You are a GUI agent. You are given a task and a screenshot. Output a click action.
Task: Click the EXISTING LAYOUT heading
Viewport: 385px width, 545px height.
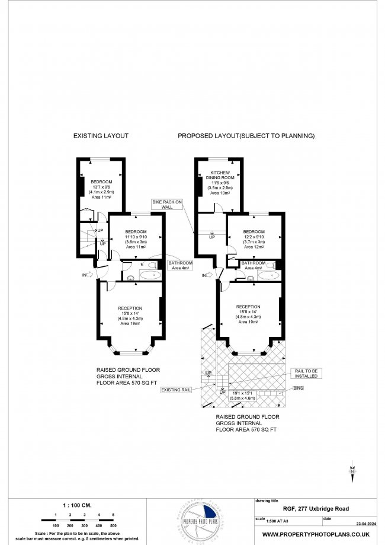click(x=101, y=136)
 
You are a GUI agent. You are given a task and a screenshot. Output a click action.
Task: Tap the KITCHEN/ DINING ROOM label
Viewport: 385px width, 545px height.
click(x=220, y=175)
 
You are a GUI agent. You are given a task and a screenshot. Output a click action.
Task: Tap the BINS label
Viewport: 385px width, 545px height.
click(x=301, y=388)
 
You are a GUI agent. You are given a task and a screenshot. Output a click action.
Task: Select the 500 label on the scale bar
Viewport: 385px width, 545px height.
click(x=113, y=526)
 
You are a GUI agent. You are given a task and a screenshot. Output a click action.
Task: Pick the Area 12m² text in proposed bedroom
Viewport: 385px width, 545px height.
click(x=254, y=245)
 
